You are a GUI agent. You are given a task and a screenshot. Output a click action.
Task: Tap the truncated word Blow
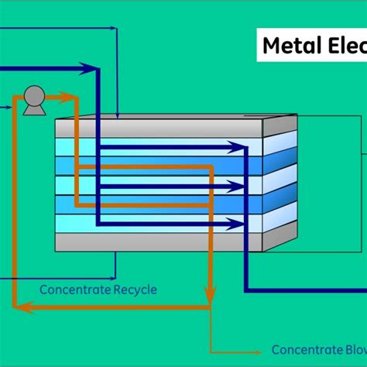click(352, 350)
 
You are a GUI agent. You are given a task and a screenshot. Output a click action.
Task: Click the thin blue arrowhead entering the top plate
click(116, 114)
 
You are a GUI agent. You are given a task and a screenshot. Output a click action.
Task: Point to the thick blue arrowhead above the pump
click(93, 69)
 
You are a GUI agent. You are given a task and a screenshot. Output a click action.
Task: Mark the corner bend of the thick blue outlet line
click(247, 290)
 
